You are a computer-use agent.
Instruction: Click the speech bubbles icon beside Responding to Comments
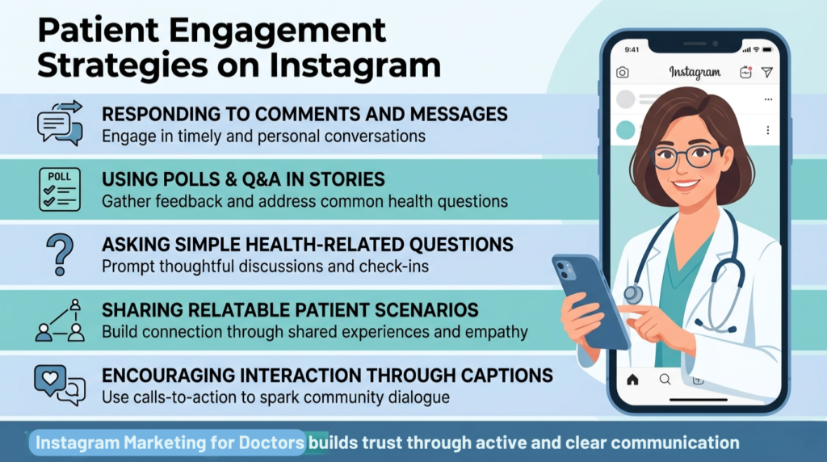[60, 123]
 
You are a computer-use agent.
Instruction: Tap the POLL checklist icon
[60, 190]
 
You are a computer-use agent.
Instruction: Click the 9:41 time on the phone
[631, 48]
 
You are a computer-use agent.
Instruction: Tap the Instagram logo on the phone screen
[695, 72]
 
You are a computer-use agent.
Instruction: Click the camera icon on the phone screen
[623, 73]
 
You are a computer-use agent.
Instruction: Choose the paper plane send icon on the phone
[767, 73]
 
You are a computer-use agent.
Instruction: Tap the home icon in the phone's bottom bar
[632, 379]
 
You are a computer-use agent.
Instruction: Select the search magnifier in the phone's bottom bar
[665, 379]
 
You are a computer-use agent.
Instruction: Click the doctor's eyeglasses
[685, 157]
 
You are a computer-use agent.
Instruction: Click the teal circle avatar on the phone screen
[625, 130]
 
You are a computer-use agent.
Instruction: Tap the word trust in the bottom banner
[415, 443]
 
